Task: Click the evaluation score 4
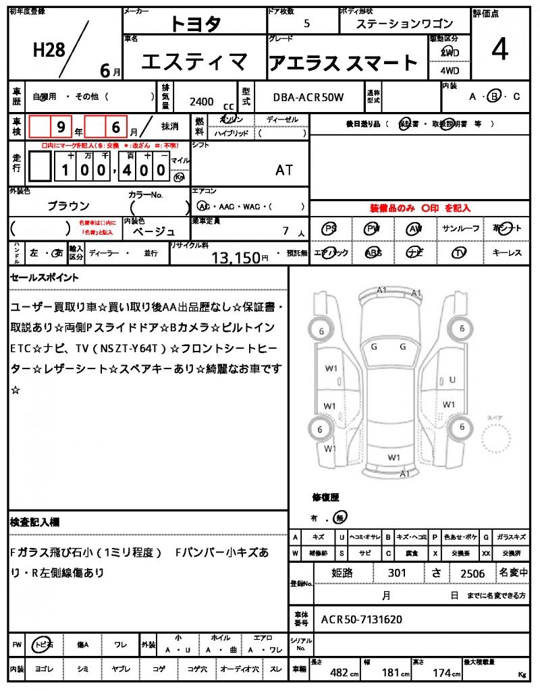[x=500, y=51]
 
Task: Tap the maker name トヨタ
[x=195, y=24]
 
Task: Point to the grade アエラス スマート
[x=344, y=63]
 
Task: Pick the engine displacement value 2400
[x=202, y=101]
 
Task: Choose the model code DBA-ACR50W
[x=308, y=97]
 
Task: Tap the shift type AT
[x=284, y=170]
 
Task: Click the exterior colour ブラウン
[x=68, y=206]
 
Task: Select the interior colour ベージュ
[x=154, y=231]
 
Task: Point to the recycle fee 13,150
[x=236, y=257]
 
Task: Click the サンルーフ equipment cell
[x=461, y=229]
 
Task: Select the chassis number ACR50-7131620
[x=362, y=619]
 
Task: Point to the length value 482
[x=338, y=673]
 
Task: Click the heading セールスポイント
[x=45, y=277]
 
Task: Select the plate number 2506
[x=473, y=573]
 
